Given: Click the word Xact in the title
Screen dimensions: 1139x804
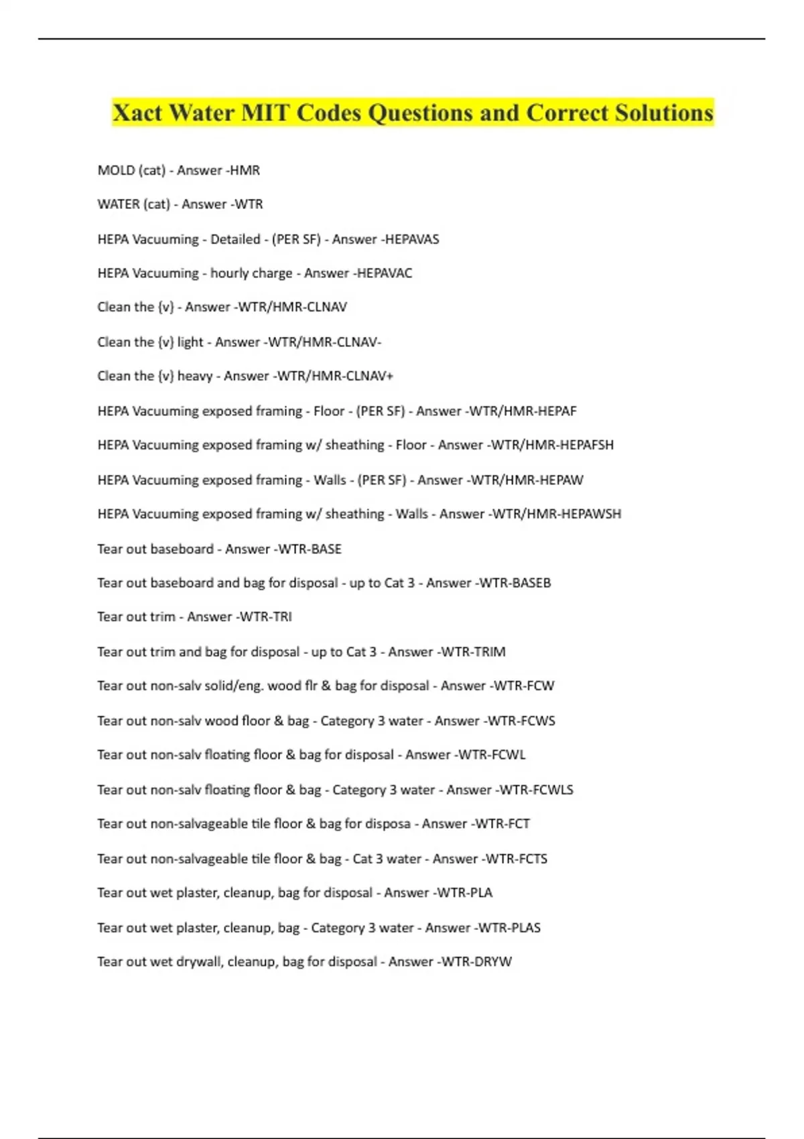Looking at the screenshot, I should pyautogui.click(x=137, y=113).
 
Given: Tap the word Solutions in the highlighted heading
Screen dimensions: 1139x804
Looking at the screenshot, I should pyautogui.click(x=664, y=113).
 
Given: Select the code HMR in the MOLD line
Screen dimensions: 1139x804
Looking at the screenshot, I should pyautogui.click(x=245, y=170).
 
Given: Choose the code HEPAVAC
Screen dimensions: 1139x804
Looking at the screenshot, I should pyautogui.click(x=384, y=273).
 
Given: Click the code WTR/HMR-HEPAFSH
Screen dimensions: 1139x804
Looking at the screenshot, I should pyautogui.click(x=552, y=445).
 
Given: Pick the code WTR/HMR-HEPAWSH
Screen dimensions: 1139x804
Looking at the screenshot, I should pyautogui.click(x=557, y=514).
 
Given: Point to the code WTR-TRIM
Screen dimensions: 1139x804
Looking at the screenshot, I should pyautogui.click(x=473, y=652).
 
